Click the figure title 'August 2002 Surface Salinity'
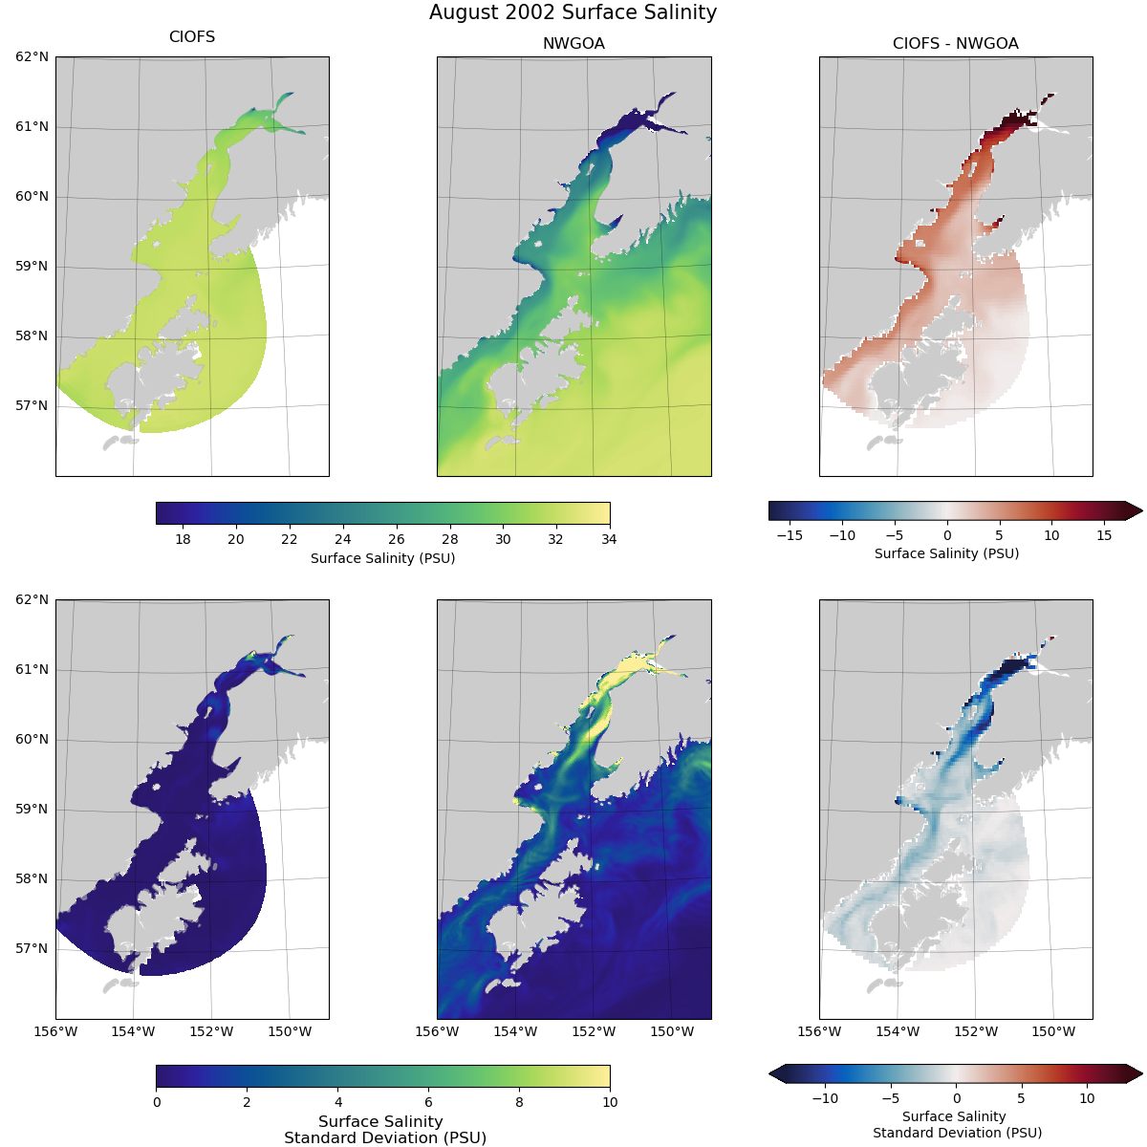pyautogui.click(x=573, y=12)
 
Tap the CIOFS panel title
pyautogui.click(x=192, y=37)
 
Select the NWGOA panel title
pyautogui.click(x=573, y=44)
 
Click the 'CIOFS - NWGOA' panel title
pyautogui.click(x=955, y=44)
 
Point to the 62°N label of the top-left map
pyautogui.click(x=32, y=57)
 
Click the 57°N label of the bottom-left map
pyautogui.click(x=32, y=948)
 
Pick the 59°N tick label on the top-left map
pyautogui.click(x=32, y=266)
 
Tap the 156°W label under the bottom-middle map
pyautogui.click(x=437, y=1031)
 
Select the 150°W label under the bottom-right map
pyautogui.click(x=1054, y=1031)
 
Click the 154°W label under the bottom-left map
pyautogui.click(x=133, y=1031)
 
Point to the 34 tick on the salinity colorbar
pyautogui.click(x=609, y=539)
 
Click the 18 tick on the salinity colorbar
pyautogui.click(x=183, y=539)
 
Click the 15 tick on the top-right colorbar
pyautogui.click(x=1104, y=535)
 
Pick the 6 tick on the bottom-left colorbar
pyautogui.click(x=428, y=1102)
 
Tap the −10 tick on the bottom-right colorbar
pyautogui.click(x=824, y=1098)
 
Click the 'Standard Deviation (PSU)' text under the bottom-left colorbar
pyautogui.click(x=384, y=1137)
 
